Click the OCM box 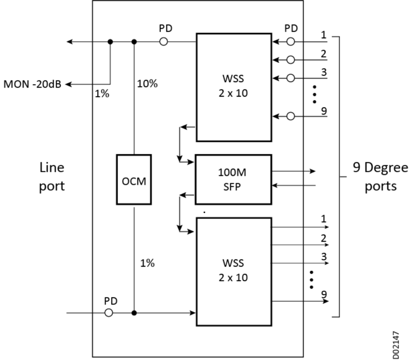[x=134, y=180]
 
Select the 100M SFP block [x=233, y=180]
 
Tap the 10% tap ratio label [x=147, y=84]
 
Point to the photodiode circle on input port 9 [x=291, y=117]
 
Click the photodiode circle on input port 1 [x=291, y=42]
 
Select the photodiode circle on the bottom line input [x=109, y=313]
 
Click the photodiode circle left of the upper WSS [x=163, y=42]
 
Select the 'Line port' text [x=52, y=177]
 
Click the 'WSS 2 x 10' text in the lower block [x=233, y=271]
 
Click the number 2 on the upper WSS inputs [x=324, y=53]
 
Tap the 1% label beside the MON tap [x=102, y=95]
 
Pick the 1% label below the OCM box [x=147, y=263]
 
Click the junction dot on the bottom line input [x=134, y=313]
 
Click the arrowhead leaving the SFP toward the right [x=313, y=171]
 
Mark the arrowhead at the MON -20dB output [x=69, y=84]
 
